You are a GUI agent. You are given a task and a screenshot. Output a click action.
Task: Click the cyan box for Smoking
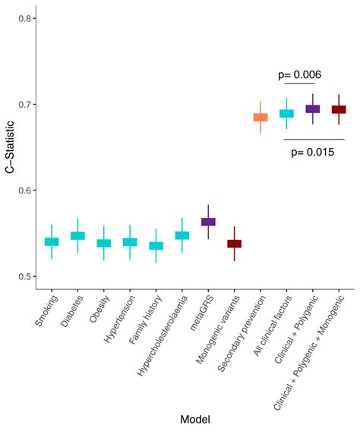[52, 242]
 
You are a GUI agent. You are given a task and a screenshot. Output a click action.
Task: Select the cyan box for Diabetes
[77, 236]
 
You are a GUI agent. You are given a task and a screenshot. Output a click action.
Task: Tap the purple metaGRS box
[208, 222]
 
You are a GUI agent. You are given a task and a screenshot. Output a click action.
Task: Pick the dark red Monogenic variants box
[234, 244]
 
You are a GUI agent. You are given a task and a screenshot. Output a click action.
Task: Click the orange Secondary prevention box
[261, 117]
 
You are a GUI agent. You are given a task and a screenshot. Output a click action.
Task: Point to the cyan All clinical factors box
[286, 114]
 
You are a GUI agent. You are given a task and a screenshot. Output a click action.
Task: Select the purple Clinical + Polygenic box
[312, 109]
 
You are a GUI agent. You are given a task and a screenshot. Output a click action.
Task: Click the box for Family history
[156, 246]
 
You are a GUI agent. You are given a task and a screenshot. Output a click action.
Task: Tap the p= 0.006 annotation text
[299, 74]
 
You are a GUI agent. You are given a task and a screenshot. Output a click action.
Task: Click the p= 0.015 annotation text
[311, 152]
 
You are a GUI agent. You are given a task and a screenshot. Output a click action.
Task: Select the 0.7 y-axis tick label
[24, 104]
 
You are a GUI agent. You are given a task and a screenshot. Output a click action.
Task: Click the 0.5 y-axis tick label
[24, 276]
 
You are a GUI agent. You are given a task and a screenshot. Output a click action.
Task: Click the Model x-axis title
[194, 419]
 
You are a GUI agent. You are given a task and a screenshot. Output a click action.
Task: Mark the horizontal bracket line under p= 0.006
[299, 83]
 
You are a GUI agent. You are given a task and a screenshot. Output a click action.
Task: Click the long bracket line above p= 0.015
[311, 139]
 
